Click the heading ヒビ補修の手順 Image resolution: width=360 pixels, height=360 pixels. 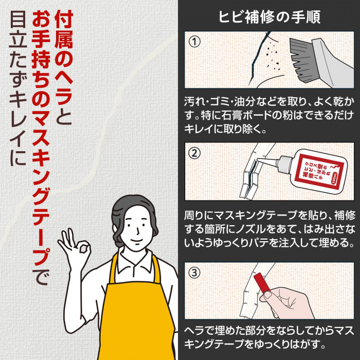click(x=269, y=16)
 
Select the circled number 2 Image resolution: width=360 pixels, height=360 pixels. click(x=195, y=153)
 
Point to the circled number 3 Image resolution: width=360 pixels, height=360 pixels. click(x=195, y=273)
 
